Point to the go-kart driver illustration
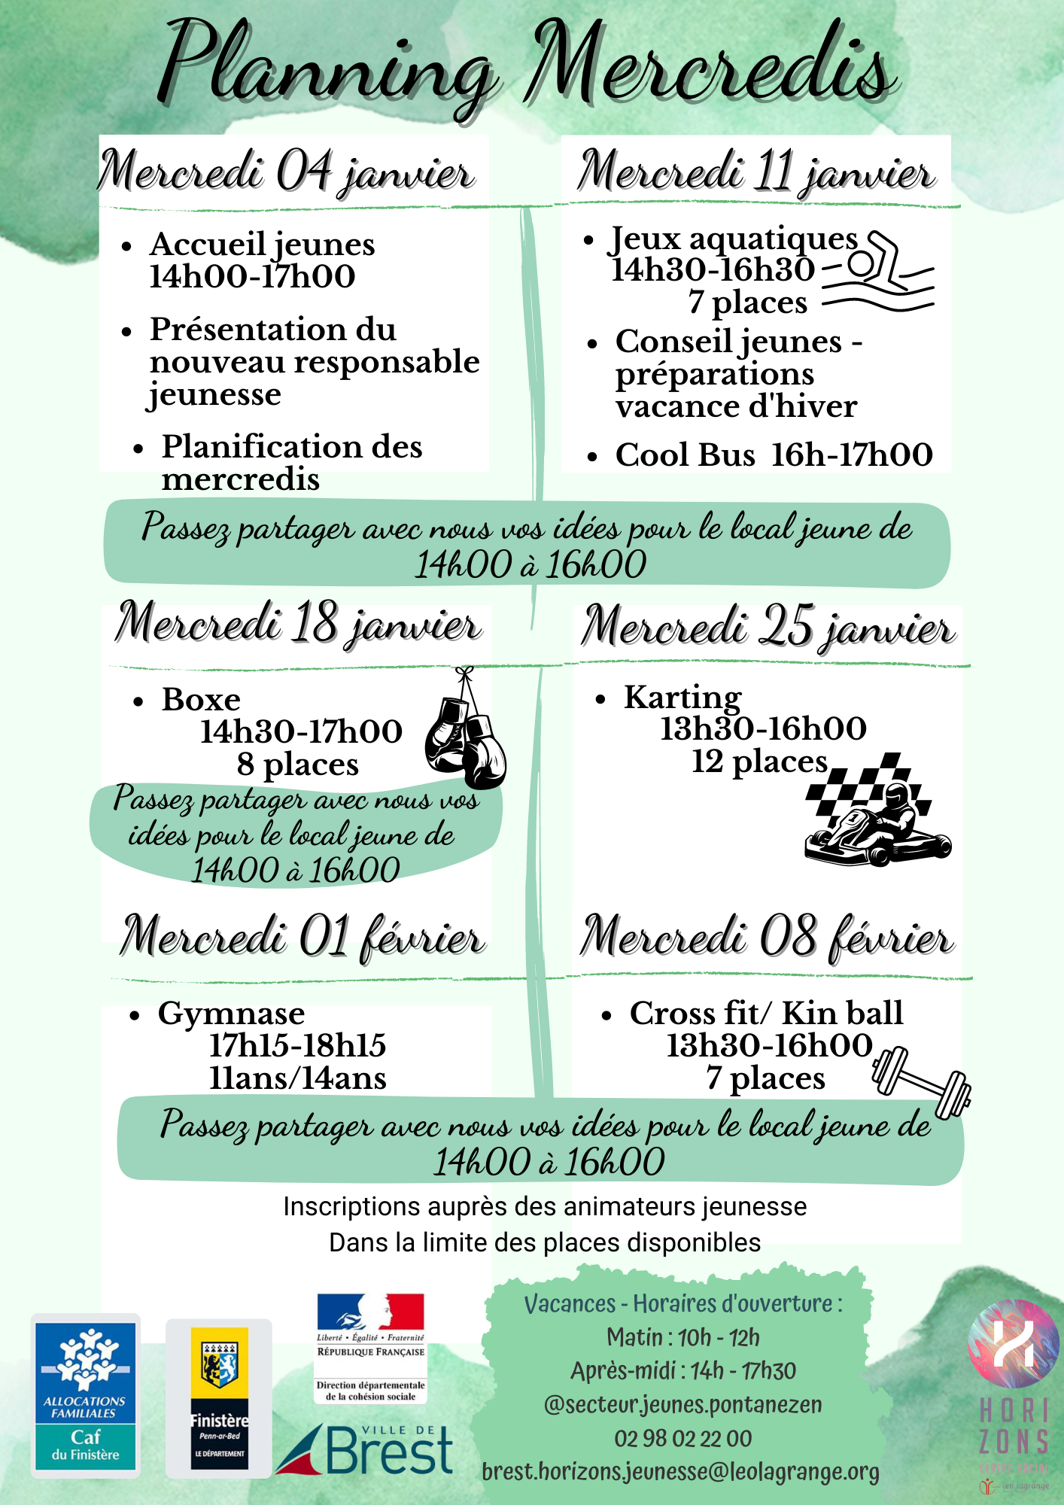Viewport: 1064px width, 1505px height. point(877,813)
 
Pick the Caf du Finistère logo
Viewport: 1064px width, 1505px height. point(86,1396)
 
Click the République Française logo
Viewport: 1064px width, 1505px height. point(370,1347)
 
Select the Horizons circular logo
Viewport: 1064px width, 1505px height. point(1013,1344)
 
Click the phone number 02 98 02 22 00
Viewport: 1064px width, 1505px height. point(682,1438)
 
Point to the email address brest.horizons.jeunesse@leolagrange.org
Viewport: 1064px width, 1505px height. point(680,1472)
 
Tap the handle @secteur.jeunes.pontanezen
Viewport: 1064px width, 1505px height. point(682,1404)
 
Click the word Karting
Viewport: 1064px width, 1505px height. point(682,698)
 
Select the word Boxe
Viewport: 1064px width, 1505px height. point(201,700)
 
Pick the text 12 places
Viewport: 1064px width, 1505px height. point(759,762)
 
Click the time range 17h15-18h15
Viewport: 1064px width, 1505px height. point(297,1045)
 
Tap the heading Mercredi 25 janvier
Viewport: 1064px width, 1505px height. point(768,628)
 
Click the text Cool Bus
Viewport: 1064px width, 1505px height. point(685,455)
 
